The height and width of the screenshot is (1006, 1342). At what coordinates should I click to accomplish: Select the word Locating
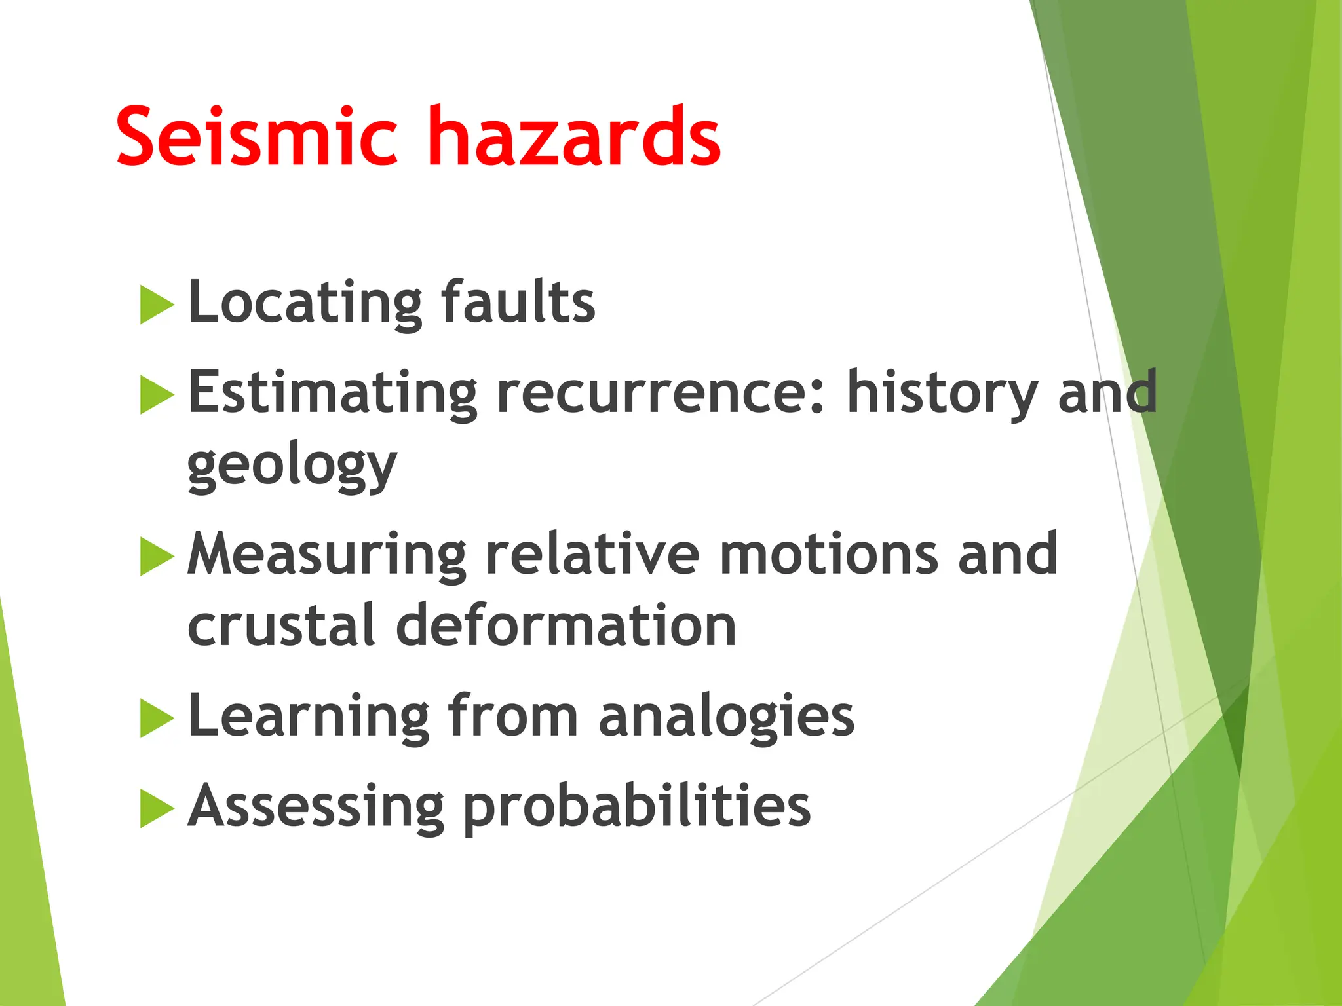click(x=305, y=303)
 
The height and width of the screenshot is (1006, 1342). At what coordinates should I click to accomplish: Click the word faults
click(x=518, y=302)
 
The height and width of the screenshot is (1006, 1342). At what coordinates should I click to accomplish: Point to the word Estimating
click(x=333, y=394)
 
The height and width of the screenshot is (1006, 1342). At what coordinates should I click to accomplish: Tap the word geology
click(x=292, y=466)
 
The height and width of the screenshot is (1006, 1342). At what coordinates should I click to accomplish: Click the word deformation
click(x=566, y=625)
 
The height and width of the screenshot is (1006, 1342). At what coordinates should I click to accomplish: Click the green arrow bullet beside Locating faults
click(x=157, y=305)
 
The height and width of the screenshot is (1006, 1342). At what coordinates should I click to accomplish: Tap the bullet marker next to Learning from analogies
click(x=157, y=718)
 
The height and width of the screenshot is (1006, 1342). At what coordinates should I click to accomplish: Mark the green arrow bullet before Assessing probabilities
click(x=157, y=808)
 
